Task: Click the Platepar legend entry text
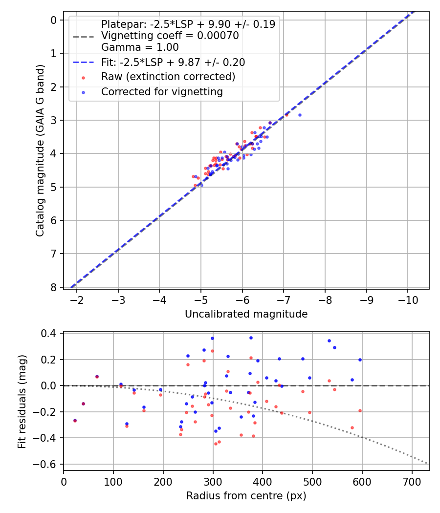(188, 24)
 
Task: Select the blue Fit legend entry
(173, 63)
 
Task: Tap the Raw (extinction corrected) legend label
(168, 77)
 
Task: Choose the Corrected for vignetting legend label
(162, 91)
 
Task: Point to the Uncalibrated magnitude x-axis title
(246, 314)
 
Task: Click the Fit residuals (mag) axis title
(22, 401)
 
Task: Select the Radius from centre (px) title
(246, 496)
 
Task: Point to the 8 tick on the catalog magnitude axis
(54, 287)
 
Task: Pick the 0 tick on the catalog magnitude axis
(54, 20)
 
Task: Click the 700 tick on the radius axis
(412, 481)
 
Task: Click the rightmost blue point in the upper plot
(300, 115)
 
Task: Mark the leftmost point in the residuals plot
(75, 420)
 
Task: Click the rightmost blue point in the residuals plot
(360, 360)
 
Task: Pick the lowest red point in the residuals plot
(216, 444)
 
